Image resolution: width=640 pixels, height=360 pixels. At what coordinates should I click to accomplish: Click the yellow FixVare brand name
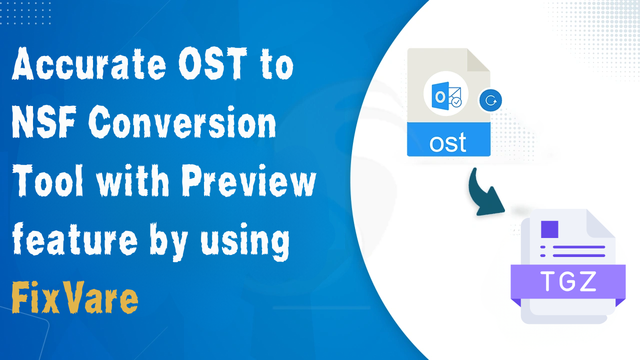pyautogui.click(x=75, y=298)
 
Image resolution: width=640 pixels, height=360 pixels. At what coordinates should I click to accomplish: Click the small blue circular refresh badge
pyautogui.click(x=490, y=100)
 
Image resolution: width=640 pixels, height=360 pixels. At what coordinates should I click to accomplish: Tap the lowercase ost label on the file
pyautogui.click(x=447, y=142)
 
